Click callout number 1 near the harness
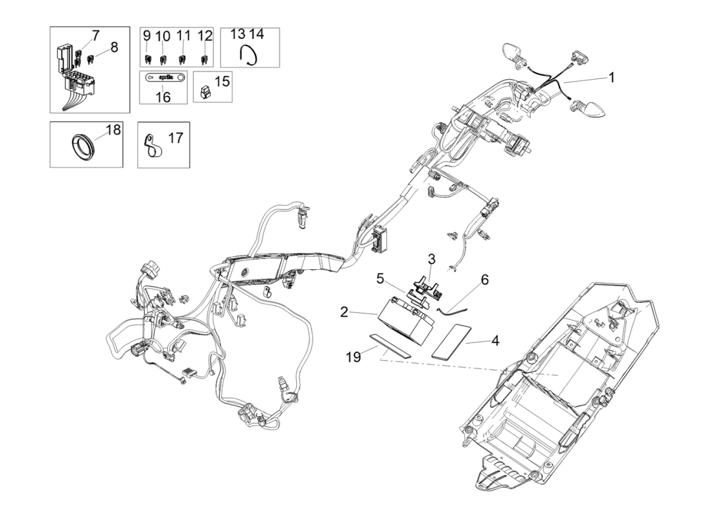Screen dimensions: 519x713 pyautogui.click(x=610, y=77)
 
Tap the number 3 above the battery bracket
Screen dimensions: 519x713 pyautogui.click(x=432, y=259)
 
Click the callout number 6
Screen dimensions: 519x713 pyautogui.click(x=484, y=280)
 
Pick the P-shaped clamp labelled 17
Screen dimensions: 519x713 pyautogui.click(x=152, y=145)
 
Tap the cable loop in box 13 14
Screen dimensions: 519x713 pyautogui.click(x=249, y=56)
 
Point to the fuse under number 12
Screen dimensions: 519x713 pyautogui.click(x=205, y=60)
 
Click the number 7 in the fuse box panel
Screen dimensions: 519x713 pyautogui.click(x=95, y=34)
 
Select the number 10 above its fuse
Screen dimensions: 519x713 pyautogui.click(x=163, y=35)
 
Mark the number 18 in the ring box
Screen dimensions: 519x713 pyautogui.click(x=113, y=130)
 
